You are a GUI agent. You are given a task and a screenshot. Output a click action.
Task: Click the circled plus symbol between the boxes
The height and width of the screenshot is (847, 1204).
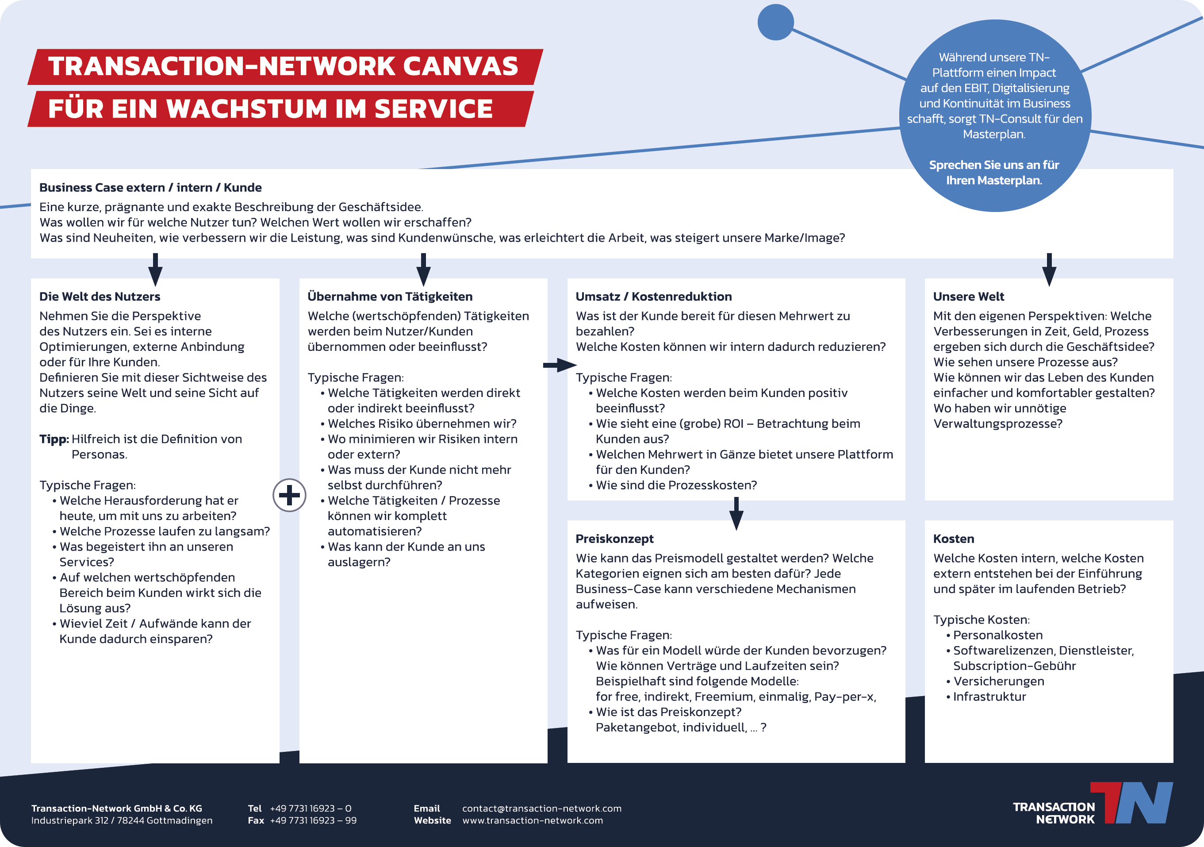point(289,495)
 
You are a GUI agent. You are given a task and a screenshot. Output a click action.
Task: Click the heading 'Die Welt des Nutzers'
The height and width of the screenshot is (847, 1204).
point(100,296)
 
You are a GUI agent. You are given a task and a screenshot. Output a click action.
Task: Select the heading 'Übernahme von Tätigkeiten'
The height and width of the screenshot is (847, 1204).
point(390,296)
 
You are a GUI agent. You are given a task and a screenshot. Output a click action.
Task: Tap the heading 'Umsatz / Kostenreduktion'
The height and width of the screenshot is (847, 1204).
point(654,296)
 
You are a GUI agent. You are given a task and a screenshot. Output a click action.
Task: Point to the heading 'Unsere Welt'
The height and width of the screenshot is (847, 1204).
point(969,296)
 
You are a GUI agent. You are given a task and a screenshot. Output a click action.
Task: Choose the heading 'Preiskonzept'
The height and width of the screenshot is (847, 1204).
point(614,539)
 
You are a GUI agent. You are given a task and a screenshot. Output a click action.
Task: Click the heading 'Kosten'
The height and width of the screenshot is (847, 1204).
point(954,539)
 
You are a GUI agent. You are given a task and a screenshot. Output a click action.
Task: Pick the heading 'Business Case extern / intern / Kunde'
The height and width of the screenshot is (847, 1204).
point(150,187)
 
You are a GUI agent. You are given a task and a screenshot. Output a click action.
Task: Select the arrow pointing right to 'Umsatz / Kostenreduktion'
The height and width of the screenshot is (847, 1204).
point(560,365)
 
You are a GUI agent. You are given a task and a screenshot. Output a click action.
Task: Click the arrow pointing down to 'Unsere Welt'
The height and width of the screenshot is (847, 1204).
point(1049,270)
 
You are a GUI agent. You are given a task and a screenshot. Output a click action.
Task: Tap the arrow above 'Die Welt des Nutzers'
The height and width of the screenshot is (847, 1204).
point(155,270)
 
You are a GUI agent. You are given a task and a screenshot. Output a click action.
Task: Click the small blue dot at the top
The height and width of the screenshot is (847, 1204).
point(775,22)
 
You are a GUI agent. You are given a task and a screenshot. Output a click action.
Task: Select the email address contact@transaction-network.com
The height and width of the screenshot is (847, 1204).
point(542,808)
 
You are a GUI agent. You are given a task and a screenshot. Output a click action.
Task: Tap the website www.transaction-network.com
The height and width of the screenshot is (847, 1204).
point(533,820)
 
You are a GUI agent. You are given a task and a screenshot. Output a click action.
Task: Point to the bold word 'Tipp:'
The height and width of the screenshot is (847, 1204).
point(54,439)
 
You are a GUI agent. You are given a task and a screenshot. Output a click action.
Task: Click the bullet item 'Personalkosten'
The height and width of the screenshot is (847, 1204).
point(997,635)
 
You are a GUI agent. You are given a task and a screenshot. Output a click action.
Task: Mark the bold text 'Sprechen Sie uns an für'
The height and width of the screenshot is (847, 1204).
point(994,165)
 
